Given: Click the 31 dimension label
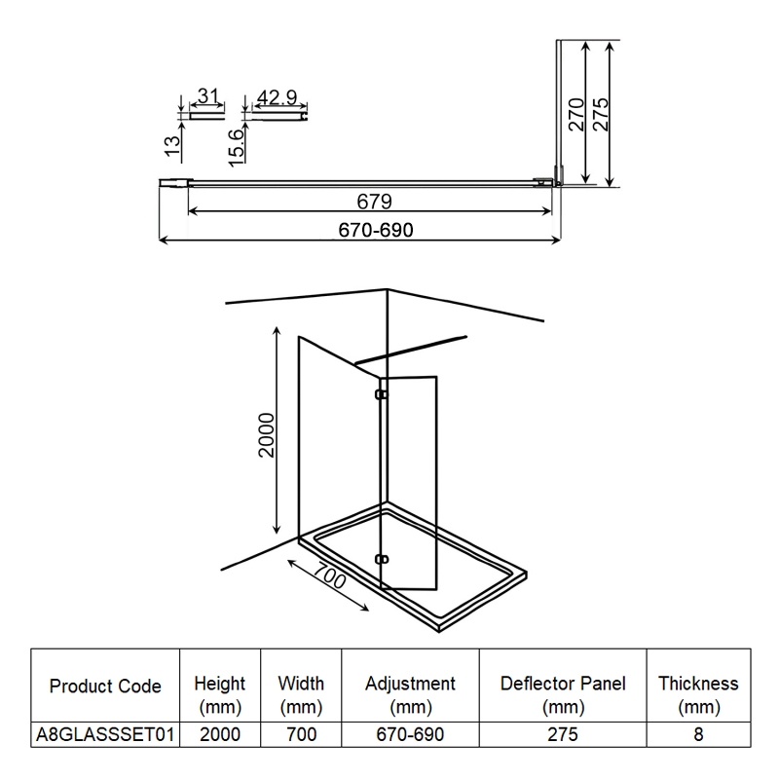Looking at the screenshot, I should (206, 95).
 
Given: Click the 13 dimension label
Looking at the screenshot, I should (171, 146).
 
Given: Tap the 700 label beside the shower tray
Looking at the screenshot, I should (332, 579).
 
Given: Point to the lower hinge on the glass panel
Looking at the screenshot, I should (382, 559).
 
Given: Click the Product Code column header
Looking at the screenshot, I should (105, 686).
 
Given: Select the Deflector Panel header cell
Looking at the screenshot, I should (563, 695).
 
